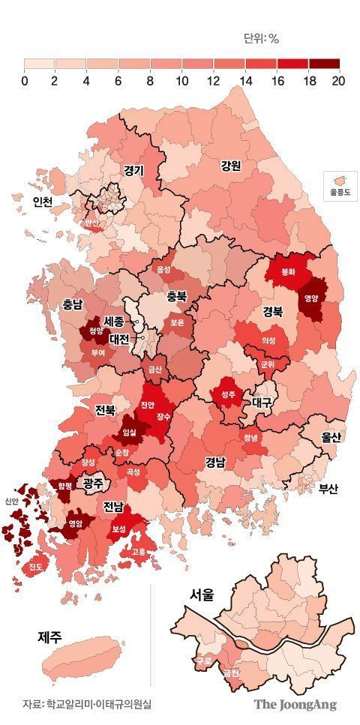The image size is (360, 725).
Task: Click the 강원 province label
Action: (x=230, y=166)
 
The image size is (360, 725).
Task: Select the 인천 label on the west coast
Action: (x=42, y=202)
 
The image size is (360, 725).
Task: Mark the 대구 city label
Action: (x=262, y=402)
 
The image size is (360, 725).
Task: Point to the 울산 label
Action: (x=330, y=437)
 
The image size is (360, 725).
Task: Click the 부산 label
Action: (x=328, y=489)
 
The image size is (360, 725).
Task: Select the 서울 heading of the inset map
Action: (x=202, y=596)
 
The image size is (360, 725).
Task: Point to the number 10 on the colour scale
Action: (x=181, y=80)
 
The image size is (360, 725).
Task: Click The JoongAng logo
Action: (x=295, y=704)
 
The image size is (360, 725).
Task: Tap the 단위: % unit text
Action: (x=262, y=38)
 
